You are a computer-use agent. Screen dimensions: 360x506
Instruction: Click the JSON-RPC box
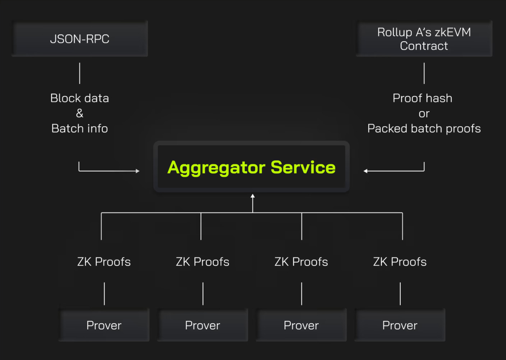tap(80, 38)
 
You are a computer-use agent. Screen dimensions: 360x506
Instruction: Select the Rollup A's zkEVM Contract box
tap(424, 38)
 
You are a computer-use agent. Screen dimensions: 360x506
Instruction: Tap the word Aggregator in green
tap(216, 168)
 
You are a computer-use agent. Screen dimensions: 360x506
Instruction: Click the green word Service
tap(303, 167)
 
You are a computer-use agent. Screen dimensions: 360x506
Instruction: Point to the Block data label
tap(79, 98)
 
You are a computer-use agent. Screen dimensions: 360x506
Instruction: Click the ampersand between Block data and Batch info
tap(79, 113)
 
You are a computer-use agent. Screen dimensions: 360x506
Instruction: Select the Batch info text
tap(79, 128)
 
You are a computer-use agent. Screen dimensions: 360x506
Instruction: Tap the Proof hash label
tap(422, 98)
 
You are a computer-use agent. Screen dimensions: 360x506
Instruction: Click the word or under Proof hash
tap(424, 114)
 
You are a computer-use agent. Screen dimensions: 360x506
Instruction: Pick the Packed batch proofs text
tap(424, 128)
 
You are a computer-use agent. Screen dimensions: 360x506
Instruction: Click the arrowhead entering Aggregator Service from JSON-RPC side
tap(138, 171)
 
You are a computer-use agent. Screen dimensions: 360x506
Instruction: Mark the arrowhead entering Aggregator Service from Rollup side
tap(365, 171)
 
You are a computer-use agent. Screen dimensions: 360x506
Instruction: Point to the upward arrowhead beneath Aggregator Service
tap(253, 196)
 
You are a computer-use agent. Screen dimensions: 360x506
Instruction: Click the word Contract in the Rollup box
tap(424, 46)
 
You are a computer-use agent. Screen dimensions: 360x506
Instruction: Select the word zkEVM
tap(453, 32)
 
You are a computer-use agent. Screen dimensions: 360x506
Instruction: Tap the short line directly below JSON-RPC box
tap(79, 73)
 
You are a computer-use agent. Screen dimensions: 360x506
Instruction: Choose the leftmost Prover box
tap(104, 325)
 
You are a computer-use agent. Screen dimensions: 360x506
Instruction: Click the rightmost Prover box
tap(400, 325)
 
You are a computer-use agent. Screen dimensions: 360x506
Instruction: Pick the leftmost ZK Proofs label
tap(104, 262)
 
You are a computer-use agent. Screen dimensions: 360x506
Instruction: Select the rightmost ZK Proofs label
tap(400, 262)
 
